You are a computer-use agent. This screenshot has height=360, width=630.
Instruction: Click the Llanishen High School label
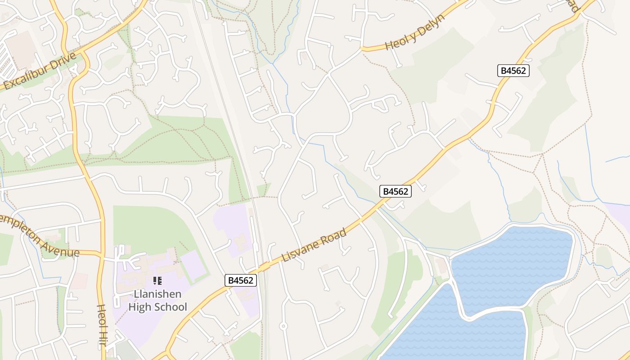coord(157,301)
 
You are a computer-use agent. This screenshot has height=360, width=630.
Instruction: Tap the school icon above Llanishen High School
coord(157,281)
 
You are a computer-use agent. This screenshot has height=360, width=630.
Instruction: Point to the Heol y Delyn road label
coord(415,32)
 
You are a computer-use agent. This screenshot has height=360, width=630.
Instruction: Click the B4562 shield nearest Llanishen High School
coord(241,280)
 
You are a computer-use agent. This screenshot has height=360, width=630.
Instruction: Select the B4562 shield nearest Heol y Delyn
coord(513,70)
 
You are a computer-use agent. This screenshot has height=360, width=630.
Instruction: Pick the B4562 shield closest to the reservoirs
coord(396,191)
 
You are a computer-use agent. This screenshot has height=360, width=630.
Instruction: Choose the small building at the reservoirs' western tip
coord(442,265)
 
